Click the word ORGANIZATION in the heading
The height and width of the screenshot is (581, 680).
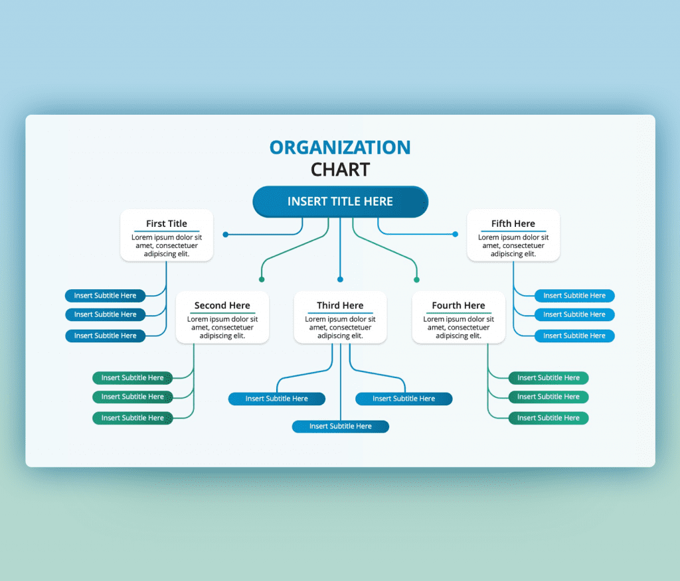340,147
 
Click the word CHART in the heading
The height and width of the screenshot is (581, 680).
340,170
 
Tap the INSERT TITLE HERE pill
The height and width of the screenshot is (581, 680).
340,202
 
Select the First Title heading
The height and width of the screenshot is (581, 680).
167,224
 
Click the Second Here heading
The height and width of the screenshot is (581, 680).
222,306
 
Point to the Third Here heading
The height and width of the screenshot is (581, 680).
340,306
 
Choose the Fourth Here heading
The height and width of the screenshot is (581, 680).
458,306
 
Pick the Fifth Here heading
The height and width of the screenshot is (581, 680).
513,224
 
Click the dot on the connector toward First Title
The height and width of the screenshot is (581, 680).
226,234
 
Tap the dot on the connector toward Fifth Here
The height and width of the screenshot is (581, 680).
456,234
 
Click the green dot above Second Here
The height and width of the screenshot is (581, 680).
262,280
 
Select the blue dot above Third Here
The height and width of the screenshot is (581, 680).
340,280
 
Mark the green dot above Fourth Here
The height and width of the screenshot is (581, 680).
417,280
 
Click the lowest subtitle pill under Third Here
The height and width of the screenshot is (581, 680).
340,426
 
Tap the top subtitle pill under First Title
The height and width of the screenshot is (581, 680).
105,296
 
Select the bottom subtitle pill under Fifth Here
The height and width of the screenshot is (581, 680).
574,336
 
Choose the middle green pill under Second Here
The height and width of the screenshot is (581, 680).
132,397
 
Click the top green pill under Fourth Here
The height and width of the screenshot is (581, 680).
549,378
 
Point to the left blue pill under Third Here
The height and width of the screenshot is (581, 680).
276,399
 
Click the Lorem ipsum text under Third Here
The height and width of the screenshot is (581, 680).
340,328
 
